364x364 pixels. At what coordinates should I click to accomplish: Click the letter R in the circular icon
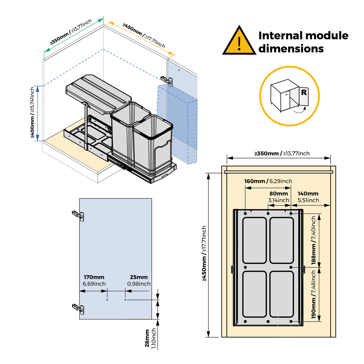[x=304, y=93]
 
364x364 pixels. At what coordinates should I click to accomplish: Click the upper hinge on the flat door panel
[x=78, y=215]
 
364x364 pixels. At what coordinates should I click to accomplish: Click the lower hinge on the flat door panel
[x=78, y=308]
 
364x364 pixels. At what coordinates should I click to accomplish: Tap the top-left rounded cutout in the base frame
[x=254, y=240]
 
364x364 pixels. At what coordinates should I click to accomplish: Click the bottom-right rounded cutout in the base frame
[x=282, y=294]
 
